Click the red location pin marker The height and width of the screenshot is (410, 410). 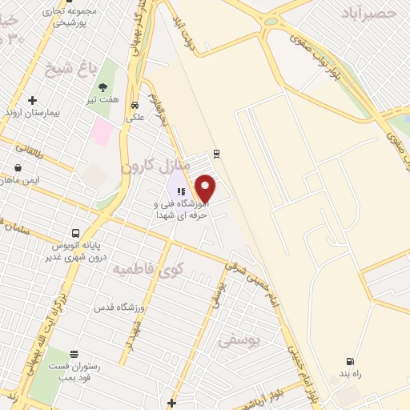coord(206,187)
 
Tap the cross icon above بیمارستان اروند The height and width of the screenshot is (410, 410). coord(32,101)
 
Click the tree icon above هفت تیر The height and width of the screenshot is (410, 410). coord(102,87)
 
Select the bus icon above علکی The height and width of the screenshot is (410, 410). coord(135,104)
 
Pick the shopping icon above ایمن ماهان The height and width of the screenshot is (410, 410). coord(18,169)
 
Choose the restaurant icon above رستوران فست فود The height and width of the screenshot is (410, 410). coord(74,354)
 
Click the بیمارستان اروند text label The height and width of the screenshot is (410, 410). coord(33,114)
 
